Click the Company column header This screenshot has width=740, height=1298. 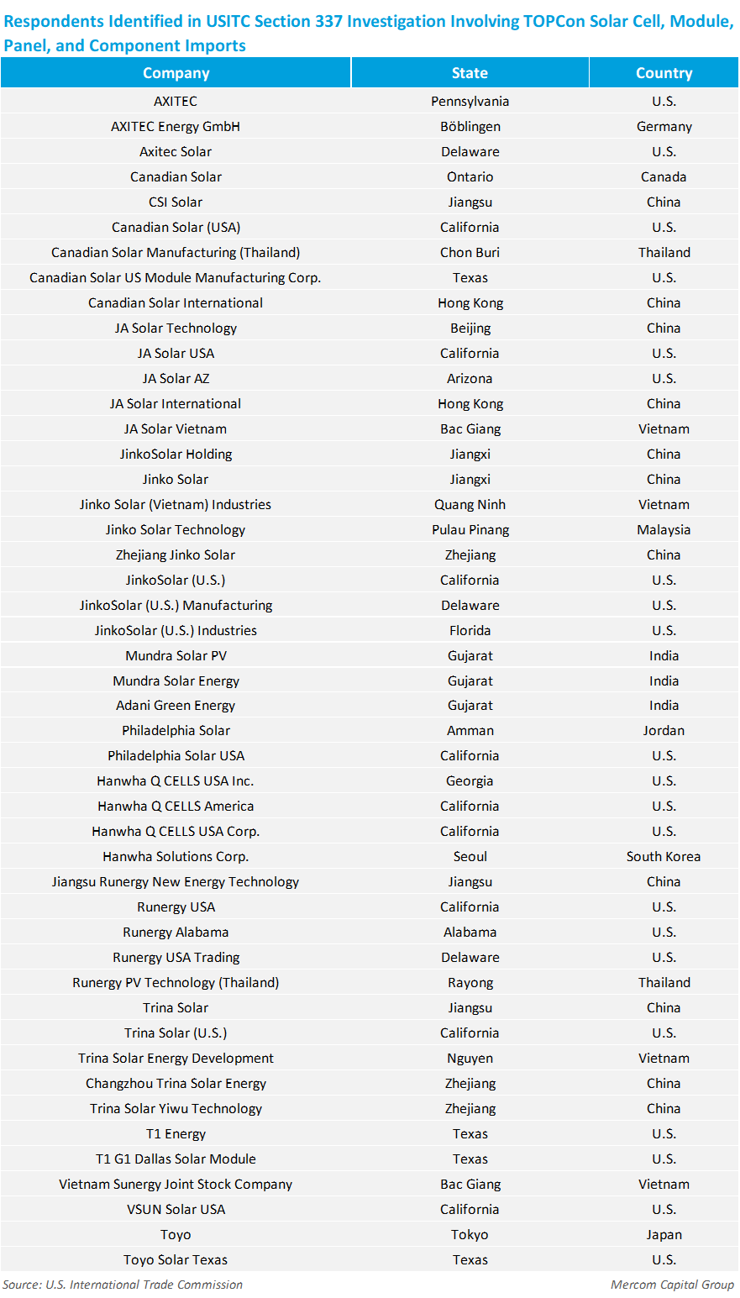(176, 73)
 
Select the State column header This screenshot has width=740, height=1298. (470, 73)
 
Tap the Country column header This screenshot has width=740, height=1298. (664, 73)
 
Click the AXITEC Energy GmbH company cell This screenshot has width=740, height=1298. (176, 126)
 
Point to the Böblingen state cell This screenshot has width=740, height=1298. (470, 126)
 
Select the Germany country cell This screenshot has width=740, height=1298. (664, 126)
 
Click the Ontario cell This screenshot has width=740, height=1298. (470, 176)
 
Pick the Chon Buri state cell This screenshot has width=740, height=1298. (470, 252)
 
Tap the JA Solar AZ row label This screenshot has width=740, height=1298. (176, 378)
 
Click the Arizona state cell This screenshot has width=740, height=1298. (470, 378)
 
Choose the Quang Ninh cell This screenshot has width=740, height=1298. (470, 504)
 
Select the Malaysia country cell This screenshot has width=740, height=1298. (664, 529)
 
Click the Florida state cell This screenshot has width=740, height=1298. (470, 630)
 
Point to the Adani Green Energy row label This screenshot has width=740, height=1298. (176, 705)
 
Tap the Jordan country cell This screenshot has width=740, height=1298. (664, 730)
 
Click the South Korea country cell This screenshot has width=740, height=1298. (664, 856)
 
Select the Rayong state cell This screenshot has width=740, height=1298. (470, 982)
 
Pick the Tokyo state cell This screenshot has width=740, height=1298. (470, 1234)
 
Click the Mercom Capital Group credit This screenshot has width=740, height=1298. (672, 1285)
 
